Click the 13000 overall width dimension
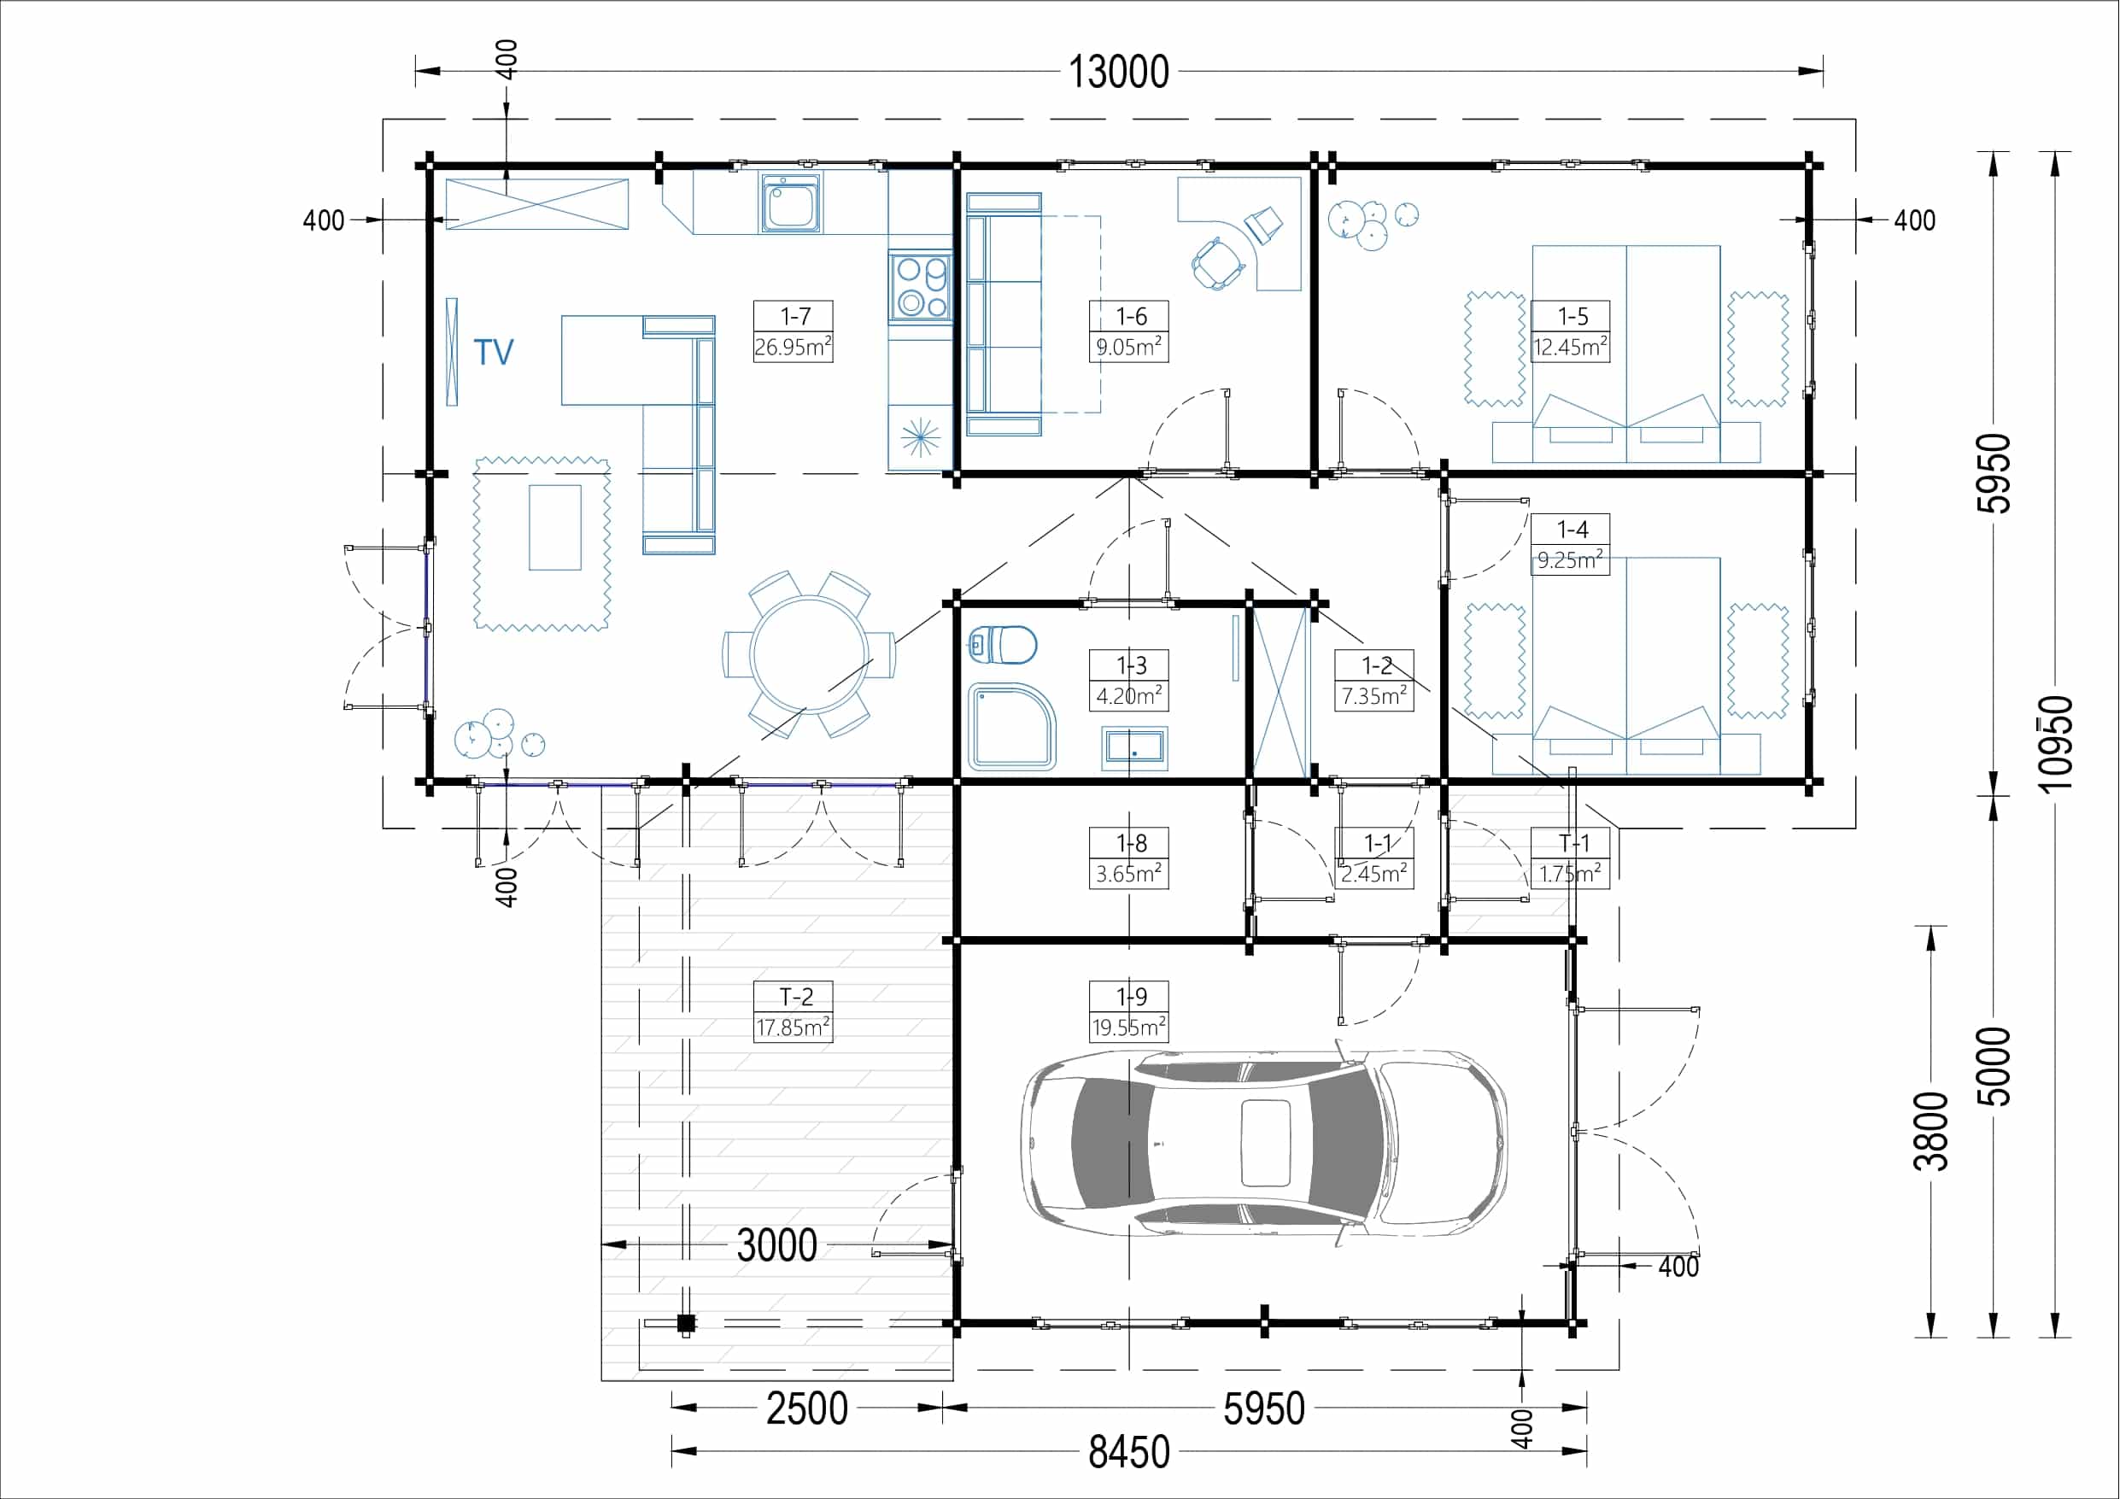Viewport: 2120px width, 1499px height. [x=1118, y=72]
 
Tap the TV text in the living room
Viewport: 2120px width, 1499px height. [x=493, y=352]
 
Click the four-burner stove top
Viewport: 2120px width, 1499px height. [x=922, y=286]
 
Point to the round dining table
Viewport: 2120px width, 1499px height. [x=809, y=654]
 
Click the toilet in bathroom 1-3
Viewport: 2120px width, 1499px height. [x=1004, y=645]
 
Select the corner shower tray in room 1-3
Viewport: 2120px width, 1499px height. [x=1011, y=727]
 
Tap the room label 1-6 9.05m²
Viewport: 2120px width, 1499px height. [x=1128, y=331]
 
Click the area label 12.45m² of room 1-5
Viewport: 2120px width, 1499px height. [x=1570, y=348]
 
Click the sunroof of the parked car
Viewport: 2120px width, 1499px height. [x=1265, y=1143]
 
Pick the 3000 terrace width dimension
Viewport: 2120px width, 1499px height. [x=776, y=1245]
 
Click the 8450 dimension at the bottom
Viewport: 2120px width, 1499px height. [x=1128, y=1451]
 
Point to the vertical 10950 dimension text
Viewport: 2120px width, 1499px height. [x=2057, y=743]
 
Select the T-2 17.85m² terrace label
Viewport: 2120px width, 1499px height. [x=794, y=1011]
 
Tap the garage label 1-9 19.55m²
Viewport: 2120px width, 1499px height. [x=1128, y=1011]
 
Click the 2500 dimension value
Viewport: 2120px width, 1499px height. [x=806, y=1408]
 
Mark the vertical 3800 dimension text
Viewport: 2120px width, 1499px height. [x=1930, y=1131]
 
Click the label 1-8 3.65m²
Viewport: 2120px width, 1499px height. [x=1128, y=858]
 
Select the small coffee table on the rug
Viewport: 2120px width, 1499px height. [x=555, y=527]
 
